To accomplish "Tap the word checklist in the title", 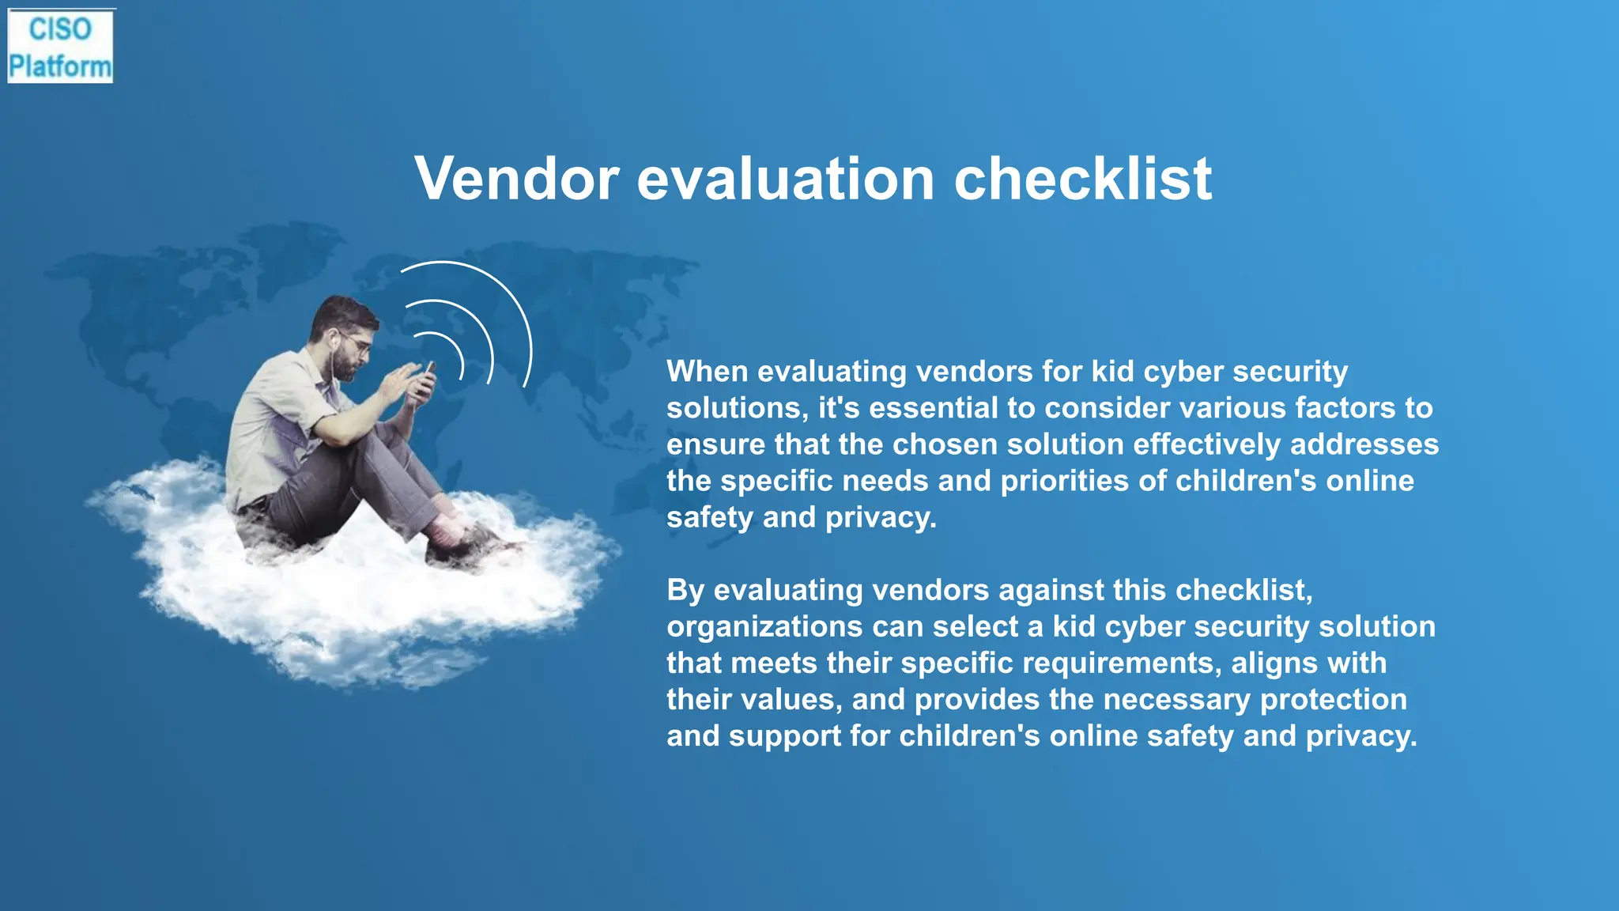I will (1082, 179).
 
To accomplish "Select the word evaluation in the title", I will (786, 179).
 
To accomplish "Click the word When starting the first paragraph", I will (707, 372).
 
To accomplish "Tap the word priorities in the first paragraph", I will (1064, 481).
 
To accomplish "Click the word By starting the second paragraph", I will (685, 590).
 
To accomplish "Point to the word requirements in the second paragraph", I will (1115, 663).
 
